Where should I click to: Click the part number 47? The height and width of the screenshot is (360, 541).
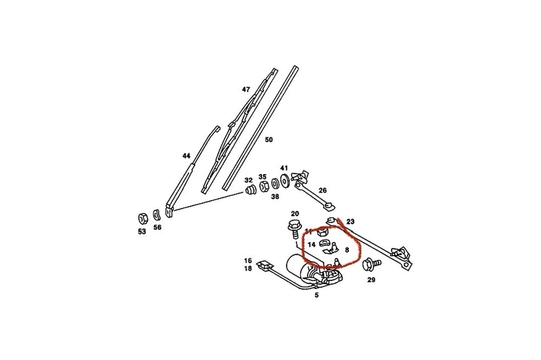tap(246, 90)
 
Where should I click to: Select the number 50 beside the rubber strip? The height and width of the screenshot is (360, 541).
tap(269, 140)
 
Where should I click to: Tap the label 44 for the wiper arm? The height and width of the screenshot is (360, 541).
tap(187, 156)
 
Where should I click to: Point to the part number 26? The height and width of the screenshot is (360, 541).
tap(323, 190)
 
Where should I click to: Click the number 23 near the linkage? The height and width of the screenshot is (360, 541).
tap(351, 222)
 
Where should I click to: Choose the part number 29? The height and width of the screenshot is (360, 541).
tap(371, 279)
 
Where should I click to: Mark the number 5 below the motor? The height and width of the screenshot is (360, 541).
tap(317, 295)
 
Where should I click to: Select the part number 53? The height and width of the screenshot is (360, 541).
tap(142, 232)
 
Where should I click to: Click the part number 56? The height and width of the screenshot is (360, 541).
tap(157, 228)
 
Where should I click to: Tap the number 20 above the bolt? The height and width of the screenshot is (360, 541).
tap(295, 214)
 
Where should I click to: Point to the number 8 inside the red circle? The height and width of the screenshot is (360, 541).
tap(347, 249)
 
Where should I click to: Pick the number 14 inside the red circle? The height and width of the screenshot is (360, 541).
tap(311, 245)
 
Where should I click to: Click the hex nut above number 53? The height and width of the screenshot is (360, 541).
tap(143, 217)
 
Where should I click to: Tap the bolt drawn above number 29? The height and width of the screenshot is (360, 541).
tap(370, 264)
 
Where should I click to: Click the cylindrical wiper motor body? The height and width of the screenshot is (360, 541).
tap(299, 265)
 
